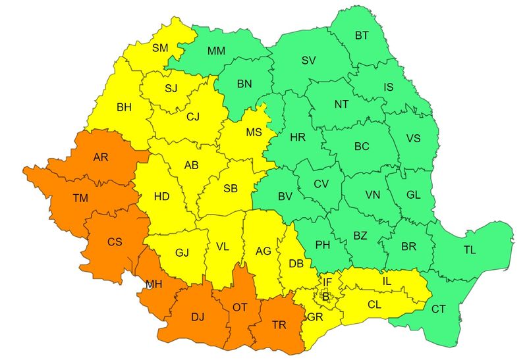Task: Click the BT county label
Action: pos(362,36)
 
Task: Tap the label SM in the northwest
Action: pos(160,47)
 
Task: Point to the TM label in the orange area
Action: pos(80,197)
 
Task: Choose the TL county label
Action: pos(470,250)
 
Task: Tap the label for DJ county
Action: pos(198,317)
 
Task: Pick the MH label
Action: pos(154,284)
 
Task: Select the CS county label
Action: pos(115,242)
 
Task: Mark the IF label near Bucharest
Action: pos(327,282)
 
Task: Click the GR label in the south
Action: pos(314,317)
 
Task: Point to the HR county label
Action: pos(298,138)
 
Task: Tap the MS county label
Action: pos(254,132)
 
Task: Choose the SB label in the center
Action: pos(230,188)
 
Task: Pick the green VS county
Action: pos(413,138)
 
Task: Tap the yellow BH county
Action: pos(124,107)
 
